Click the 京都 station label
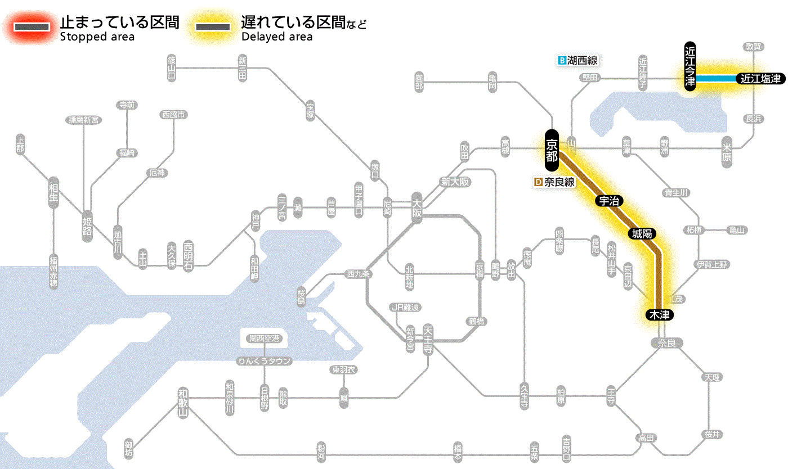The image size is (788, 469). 552,150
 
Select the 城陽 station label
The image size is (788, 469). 643,234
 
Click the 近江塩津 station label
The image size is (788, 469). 760,79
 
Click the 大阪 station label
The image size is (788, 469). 417,208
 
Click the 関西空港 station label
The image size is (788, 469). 265,339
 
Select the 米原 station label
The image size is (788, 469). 727,152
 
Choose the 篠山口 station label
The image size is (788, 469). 172,67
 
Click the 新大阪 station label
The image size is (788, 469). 455,182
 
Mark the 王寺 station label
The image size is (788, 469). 612,395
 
